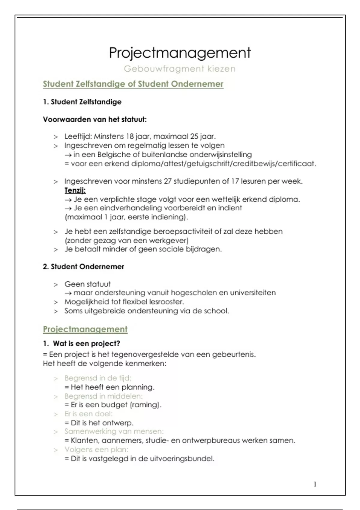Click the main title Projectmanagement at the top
pos(180,53)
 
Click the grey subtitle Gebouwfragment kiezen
pos(180,69)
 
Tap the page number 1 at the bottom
pos(315,484)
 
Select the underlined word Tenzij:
pos(75,190)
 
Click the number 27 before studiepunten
pos(168,181)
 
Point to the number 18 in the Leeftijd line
pos(130,136)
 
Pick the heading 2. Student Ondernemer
pos(83,266)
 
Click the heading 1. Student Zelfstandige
pos(82,102)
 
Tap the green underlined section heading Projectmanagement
pos(85,329)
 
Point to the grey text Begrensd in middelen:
pos(103,396)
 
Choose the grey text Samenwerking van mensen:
pos(114,431)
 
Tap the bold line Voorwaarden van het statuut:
pos(95,119)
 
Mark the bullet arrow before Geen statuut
pos(55,284)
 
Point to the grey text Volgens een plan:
pos(96,449)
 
